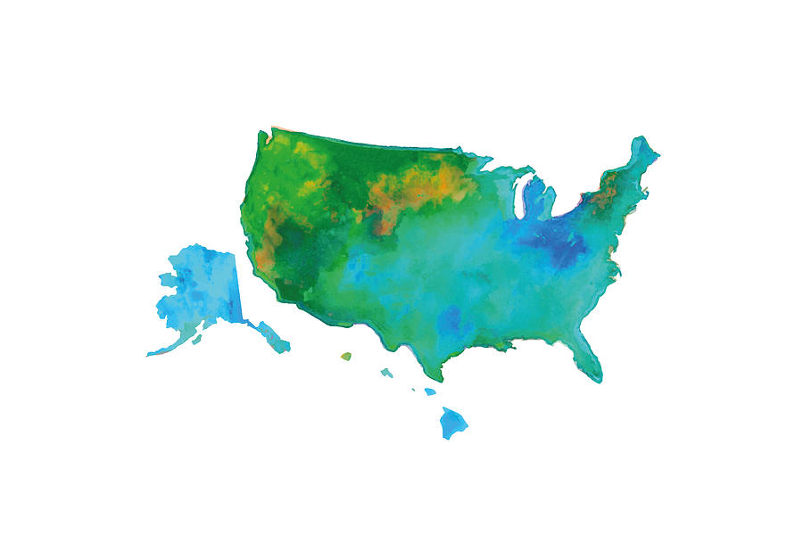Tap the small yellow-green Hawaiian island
coord(345,357)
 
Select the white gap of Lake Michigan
coord(520,198)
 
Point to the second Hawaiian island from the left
coord(385,373)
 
